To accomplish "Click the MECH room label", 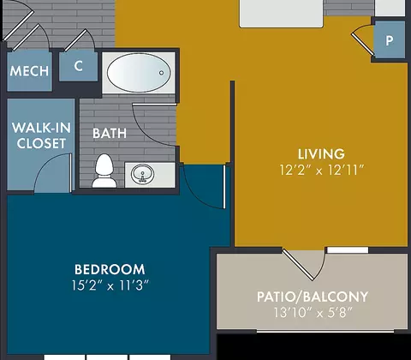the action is click(29, 70).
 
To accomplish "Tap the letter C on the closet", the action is click(79, 66).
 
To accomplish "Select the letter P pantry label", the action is click(390, 41).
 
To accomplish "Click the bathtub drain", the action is click(161, 73).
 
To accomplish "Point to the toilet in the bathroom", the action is click(104, 171).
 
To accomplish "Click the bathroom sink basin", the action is click(142, 174).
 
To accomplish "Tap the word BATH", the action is click(110, 134).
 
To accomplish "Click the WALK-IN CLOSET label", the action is click(41, 135).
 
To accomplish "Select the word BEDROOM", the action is click(110, 269).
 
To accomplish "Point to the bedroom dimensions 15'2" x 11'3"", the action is click(110, 285).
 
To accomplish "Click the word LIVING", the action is click(321, 154).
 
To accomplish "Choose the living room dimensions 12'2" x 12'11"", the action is click(322, 171).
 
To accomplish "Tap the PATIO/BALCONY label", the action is click(313, 297).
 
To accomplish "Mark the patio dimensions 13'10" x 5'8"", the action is click(313, 313).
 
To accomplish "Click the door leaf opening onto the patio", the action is click(298, 265).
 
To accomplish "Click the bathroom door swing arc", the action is click(146, 135).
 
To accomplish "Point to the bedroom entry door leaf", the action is click(224, 187).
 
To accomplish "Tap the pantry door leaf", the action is click(362, 45).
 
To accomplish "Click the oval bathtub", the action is click(139, 73).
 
